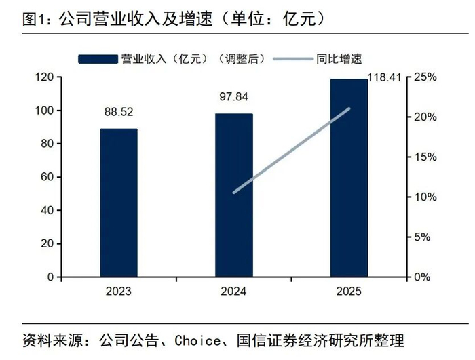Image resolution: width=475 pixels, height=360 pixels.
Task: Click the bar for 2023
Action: [x=119, y=203]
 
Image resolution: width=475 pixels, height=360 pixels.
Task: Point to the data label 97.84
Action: [x=234, y=98]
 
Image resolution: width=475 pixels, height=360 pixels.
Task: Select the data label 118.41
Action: [x=385, y=76]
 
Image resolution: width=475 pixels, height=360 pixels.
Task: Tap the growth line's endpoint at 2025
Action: [x=349, y=108]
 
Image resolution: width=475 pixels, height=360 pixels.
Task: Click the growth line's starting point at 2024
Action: [x=234, y=193]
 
